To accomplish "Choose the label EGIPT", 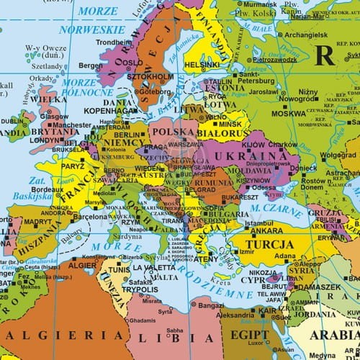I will (250, 336).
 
